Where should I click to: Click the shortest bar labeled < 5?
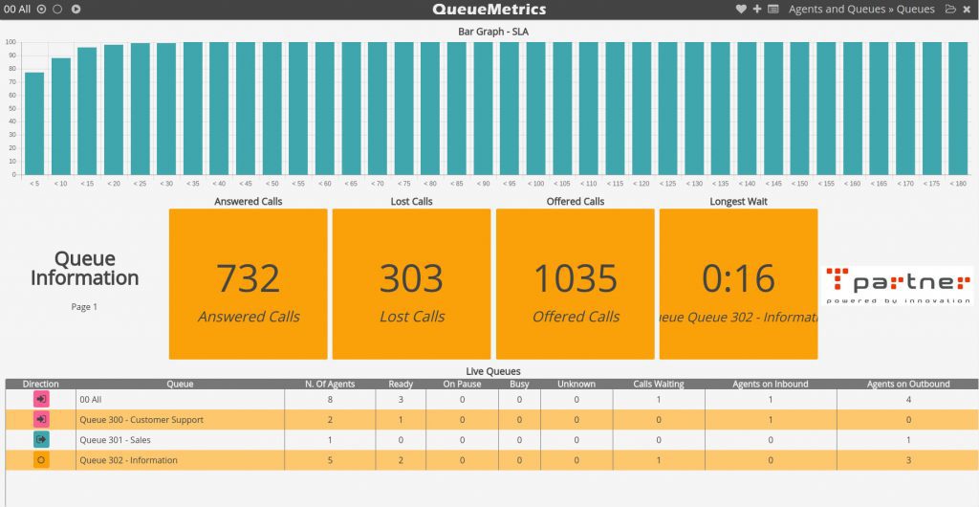pyautogui.click(x=34, y=123)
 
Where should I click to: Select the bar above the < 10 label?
pyautogui.click(x=61, y=117)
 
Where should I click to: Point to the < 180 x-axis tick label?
pyautogui.click(x=958, y=183)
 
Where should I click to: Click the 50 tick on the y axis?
pyautogui.click(x=11, y=108)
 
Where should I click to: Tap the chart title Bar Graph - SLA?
pyautogui.click(x=492, y=32)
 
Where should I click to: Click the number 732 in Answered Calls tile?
pyautogui.click(x=249, y=278)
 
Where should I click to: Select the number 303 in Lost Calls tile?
pyautogui.click(x=412, y=278)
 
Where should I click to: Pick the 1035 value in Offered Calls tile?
pyautogui.click(x=576, y=278)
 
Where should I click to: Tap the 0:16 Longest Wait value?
pyautogui.click(x=738, y=278)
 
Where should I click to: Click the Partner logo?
pyautogui.click(x=898, y=285)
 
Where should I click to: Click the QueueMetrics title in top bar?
pyautogui.click(x=489, y=10)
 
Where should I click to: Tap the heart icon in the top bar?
pyautogui.click(x=741, y=10)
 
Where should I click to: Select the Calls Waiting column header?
pyautogui.click(x=660, y=385)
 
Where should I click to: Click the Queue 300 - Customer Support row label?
pyautogui.click(x=141, y=420)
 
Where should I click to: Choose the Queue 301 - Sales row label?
pyautogui.click(x=115, y=440)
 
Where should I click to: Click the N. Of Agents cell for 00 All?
pyautogui.click(x=330, y=399)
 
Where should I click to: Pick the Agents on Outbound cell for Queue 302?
pyautogui.click(x=908, y=460)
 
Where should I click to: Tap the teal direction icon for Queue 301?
pyautogui.click(x=41, y=440)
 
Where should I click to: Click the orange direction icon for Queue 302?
pyautogui.click(x=41, y=460)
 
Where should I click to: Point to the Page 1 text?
pyautogui.click(x=84, y=307)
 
